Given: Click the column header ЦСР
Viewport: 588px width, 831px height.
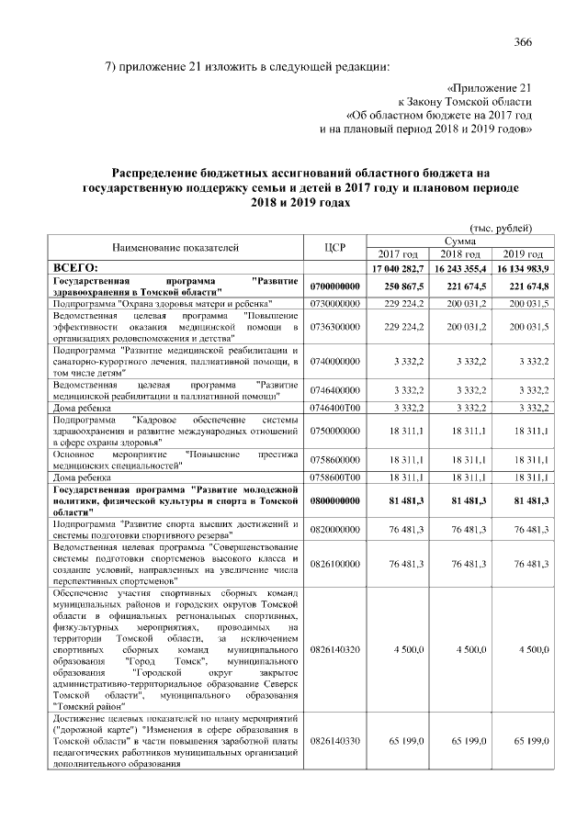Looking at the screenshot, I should pos(334,247).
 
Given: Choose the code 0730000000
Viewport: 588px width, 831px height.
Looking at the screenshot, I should pos(334,302).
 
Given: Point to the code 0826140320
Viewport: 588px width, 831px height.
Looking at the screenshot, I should pos(334,649).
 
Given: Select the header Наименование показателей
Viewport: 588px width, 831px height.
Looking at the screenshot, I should pos(175,247).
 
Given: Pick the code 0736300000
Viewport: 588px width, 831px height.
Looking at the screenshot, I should pos(334,326).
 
